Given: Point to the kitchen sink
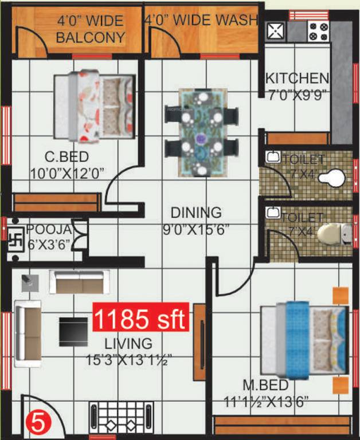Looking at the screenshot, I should pos(276,30).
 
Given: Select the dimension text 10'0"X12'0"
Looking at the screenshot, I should pos(66,172).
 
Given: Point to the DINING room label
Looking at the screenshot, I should pos(195,213).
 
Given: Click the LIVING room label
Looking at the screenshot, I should pos(128,344).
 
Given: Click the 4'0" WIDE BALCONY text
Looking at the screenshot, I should pos(91,30).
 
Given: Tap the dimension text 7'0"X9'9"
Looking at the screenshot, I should pos(297,95).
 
